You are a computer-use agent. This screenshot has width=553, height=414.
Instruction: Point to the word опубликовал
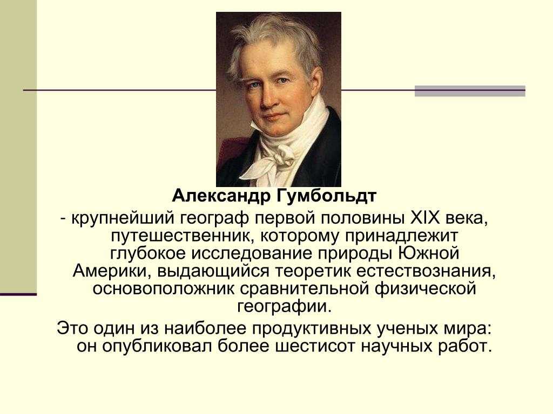157,347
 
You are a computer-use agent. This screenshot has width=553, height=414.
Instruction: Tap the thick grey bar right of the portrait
470,91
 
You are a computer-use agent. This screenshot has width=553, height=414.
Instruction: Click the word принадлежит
401,236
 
